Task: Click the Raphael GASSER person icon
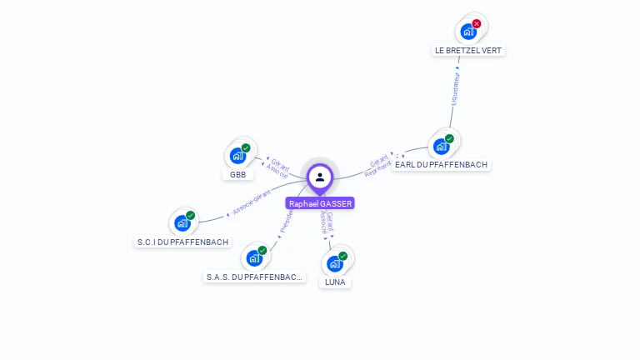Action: click(320, 177)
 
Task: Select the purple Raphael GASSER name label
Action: click(320, 203)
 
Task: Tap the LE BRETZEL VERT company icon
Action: click(468, 32)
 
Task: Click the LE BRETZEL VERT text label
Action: click(469, 50)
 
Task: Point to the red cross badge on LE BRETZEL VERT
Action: click(477, 23)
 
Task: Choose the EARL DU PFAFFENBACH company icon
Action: click(441, 147)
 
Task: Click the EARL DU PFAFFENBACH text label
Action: click(441, 165)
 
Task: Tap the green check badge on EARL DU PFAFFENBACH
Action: click(449, 138)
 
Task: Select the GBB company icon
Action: click(237, 156)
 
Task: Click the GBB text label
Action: click(238, 175)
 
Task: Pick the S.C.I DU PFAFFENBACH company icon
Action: click(182, 223)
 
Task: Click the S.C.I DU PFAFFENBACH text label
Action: click(182, 242)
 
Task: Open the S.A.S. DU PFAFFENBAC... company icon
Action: click(254, 258)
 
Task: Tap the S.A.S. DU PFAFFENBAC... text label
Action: click(255, 277)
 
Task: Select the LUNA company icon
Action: click(334, 264)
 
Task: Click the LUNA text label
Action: click(335, 282)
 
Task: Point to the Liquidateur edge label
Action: click(455, 87)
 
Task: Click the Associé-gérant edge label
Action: click(252, 202)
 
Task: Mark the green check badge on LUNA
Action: click(342, 256)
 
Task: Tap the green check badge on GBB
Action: click(246, 147)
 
